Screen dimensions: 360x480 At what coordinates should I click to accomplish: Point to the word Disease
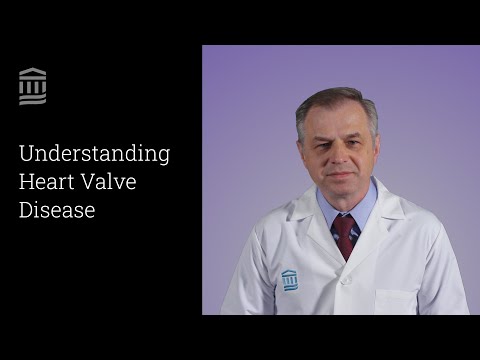[57, 210]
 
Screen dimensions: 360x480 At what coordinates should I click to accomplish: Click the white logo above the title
[33, 86]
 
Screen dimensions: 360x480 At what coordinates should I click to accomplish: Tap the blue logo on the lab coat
[290, 279]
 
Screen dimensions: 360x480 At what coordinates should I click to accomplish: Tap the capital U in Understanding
[26, 154]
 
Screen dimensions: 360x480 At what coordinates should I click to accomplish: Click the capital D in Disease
[26, 210]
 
